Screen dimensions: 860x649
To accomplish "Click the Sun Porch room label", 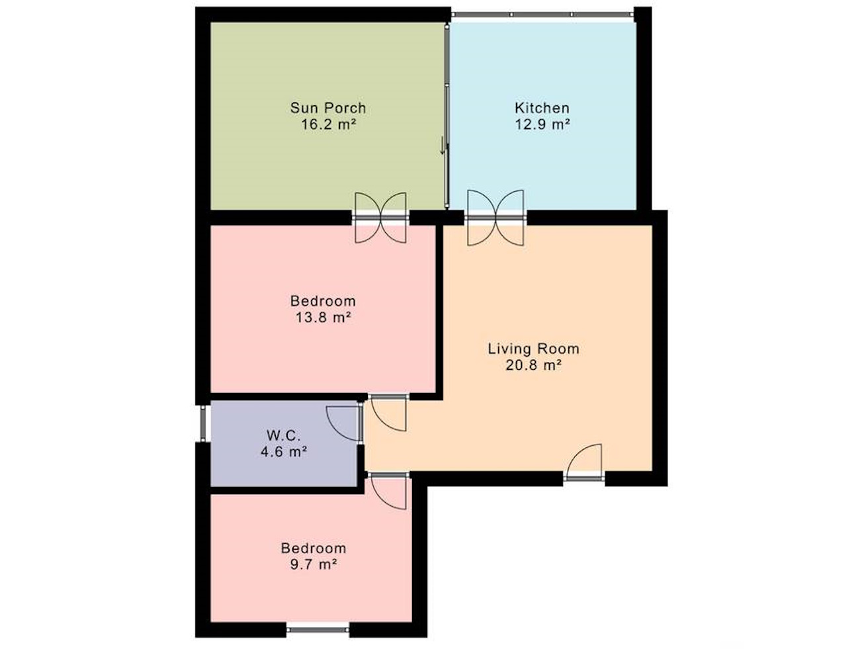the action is pos(328,108).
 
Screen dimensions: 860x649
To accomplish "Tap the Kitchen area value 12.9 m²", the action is pos(542,124).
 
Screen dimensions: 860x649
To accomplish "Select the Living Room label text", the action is pos(533,349).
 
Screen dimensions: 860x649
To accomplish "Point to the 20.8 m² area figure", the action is pos(534,365).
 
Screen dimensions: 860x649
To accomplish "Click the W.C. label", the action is pos(284,435).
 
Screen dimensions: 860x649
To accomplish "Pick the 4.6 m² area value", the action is pos(284,452).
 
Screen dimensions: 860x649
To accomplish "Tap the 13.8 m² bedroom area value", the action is pos(323,318).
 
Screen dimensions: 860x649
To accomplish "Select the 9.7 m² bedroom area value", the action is pos(314,565).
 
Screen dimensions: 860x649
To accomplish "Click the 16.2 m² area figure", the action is pos(328,124).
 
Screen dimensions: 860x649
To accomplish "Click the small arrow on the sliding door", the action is pos(443,146).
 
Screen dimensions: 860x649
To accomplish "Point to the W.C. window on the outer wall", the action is pos(203,423).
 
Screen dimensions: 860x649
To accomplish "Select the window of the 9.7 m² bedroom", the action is pos(318,630).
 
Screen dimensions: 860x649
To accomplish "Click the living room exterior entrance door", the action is pos(584,462).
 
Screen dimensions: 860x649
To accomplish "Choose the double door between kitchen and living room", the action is pos(495,218).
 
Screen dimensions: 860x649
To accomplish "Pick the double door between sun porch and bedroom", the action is pos(380,218).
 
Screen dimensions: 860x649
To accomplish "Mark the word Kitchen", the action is pos(542,108).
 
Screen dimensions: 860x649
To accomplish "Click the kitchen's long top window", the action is pos(542,14).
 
